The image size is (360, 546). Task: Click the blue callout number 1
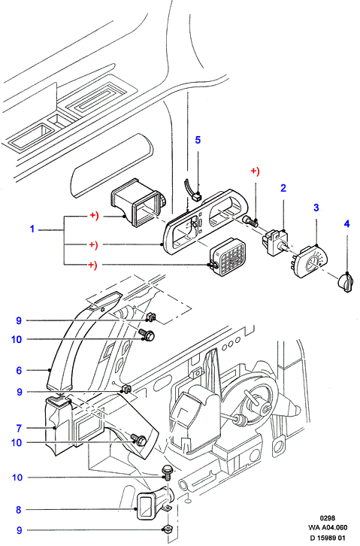[32, 229]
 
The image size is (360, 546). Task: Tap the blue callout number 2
[283, 188]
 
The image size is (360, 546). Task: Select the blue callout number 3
[316, 208]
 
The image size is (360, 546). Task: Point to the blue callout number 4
[346, 224]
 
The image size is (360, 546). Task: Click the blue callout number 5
[198, 140]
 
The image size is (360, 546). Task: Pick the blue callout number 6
[19, 371]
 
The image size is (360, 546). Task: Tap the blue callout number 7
[19, 429]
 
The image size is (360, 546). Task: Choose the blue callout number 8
[19, 510]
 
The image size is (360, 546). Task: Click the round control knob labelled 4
[345, 282]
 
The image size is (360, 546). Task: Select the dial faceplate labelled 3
[308, 262]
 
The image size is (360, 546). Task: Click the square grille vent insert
[228, 256]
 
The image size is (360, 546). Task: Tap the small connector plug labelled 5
[197, 197]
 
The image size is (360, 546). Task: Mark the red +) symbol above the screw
[256, 171]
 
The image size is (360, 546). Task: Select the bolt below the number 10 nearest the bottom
[167, 473]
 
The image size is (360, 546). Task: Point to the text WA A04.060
[328, 527]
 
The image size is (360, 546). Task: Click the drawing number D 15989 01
[328, 538]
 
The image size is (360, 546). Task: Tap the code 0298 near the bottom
[328, 518]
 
